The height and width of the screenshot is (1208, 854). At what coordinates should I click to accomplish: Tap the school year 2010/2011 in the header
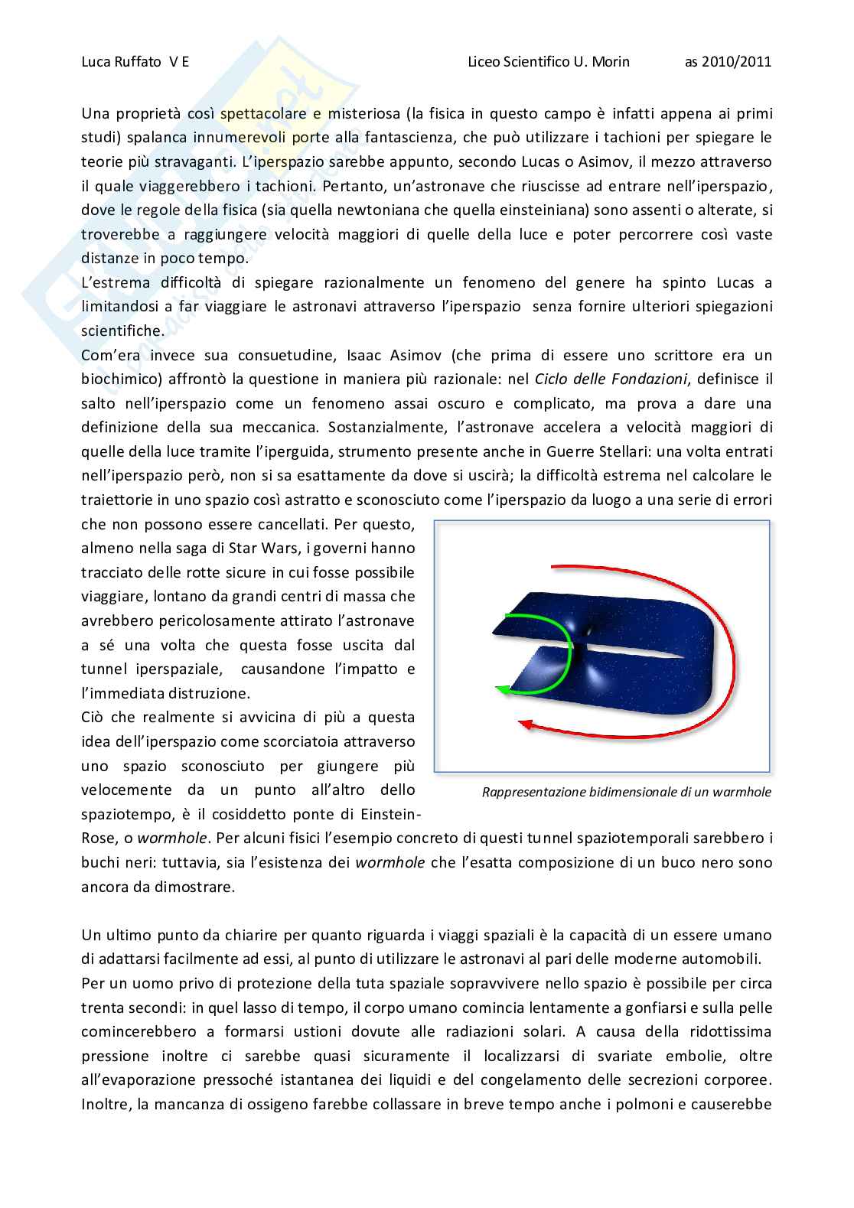728,63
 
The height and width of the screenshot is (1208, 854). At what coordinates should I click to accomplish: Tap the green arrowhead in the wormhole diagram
501,691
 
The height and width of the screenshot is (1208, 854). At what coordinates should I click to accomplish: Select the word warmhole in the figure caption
740,792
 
